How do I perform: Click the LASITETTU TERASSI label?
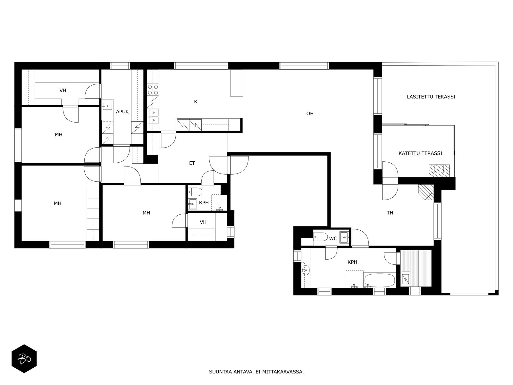[x=431, y=97]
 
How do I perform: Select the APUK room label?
[x=122, y=112]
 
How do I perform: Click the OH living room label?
[x=310, y=114]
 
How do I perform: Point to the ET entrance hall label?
[x=192, y=163]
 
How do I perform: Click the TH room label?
[x=390, y=213]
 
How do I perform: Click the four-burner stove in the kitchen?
[x=153, y=90]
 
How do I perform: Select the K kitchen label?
[x=196, y=102]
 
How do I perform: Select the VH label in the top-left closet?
[x=63, y=90]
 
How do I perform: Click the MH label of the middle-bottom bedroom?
[x=146, y=213]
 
